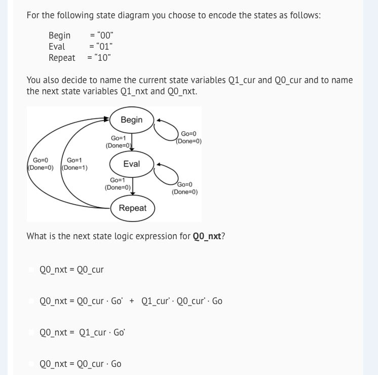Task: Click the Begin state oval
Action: coord(132,120)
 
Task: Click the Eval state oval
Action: coord(132,164)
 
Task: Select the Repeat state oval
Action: coord(133,208)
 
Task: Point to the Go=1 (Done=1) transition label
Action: coord(74,164)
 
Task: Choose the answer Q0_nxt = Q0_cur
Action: coord(71,270)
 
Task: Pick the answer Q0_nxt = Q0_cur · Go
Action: coord(80,364)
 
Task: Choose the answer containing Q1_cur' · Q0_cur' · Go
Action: coord(131,301)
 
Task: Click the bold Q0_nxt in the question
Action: coord(207,236)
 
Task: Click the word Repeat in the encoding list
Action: coord(62,57)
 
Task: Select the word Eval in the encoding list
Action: coord(57,46)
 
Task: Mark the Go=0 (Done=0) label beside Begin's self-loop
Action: coord(188,137)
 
